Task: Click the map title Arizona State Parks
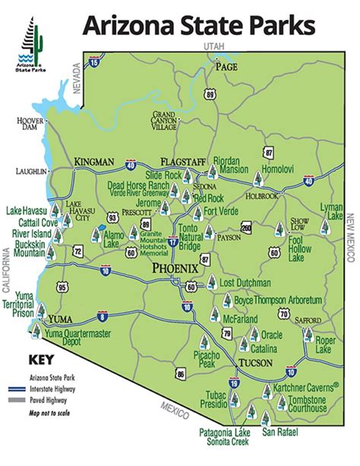198,26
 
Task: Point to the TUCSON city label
254,361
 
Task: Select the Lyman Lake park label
332,211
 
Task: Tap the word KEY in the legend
39,360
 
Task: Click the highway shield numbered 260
245,227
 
